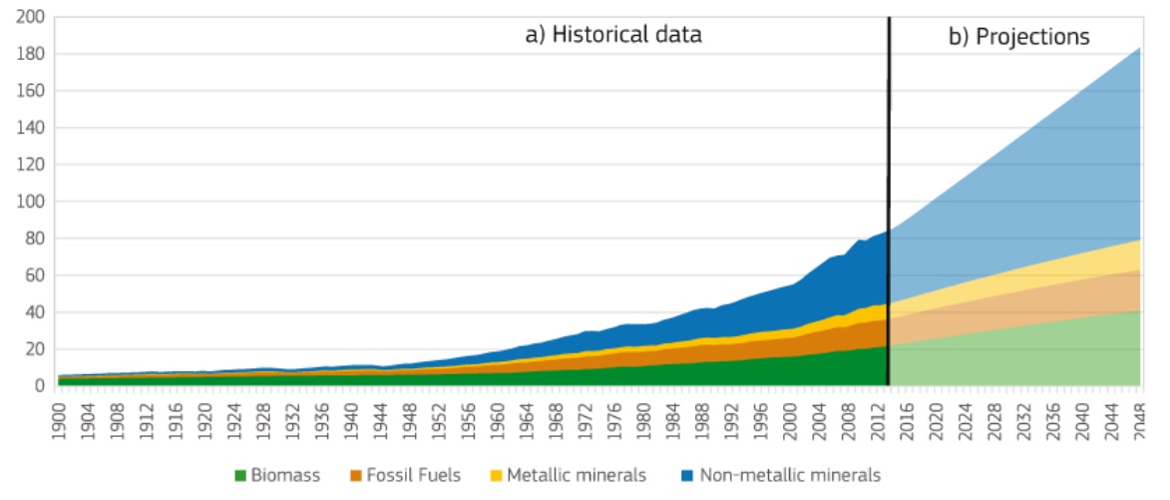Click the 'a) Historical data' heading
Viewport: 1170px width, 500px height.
pyautogui.click(x=613, y=35)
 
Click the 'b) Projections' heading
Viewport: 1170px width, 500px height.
pyautogui.click(x=1018, y=37)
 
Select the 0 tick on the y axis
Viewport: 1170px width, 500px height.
pyautogui.click(x=39, y=386)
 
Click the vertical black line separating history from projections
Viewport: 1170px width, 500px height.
pyautogui.click(x=888, y=200)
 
